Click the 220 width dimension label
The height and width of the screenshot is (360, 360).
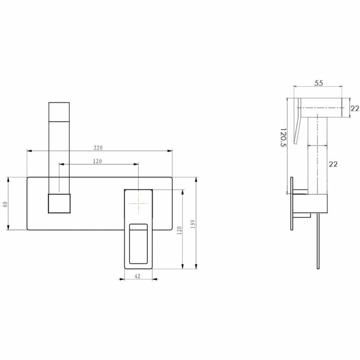click(98, 148)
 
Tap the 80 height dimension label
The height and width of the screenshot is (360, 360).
click(5, 204)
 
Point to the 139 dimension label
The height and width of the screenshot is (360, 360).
click(193, 224)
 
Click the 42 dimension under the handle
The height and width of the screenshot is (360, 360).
click(137, 276)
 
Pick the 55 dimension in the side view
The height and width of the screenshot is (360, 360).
click(319, 83)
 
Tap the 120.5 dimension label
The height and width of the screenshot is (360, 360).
click(283, 138)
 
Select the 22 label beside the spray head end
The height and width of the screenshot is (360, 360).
click(355, 108)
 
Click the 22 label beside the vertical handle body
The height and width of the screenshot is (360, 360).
click(333, 164)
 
